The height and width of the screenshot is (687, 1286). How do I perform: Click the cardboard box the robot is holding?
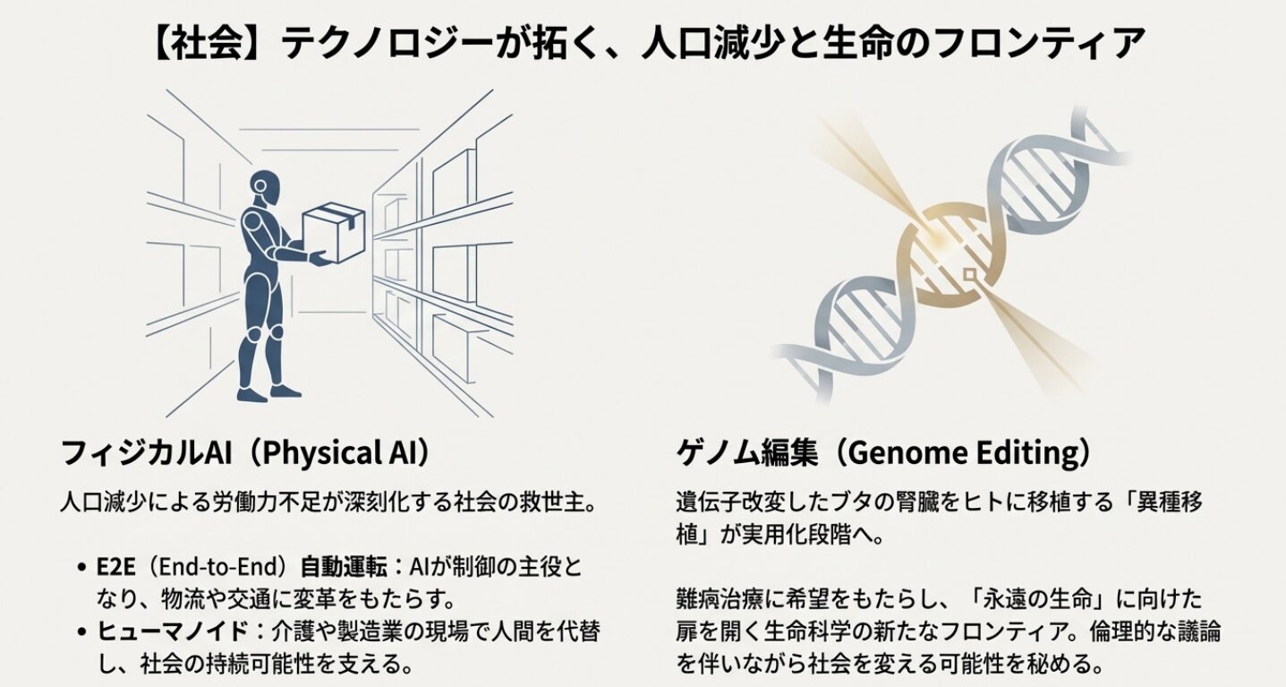point(333,231)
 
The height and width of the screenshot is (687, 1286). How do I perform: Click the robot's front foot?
point(285,391)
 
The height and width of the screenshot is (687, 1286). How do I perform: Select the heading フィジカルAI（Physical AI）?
point(247,453)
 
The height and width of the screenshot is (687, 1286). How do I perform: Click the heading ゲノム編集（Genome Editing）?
point(883,453)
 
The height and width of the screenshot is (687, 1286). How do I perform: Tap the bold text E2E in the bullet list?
point(115,567)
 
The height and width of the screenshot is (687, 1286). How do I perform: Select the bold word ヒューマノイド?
point(172,631)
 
